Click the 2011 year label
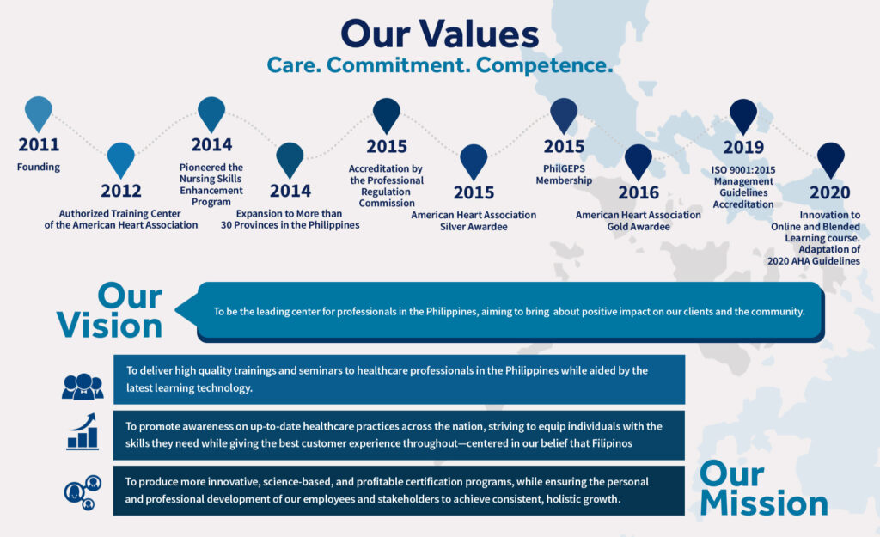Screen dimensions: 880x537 [39, 144]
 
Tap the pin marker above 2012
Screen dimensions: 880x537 [121, 160]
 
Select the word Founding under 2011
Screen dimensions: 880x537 [38, 167]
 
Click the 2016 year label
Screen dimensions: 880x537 [639, 193]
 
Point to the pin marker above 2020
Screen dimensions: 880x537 [831, 160]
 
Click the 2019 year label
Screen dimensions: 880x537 [743, 147]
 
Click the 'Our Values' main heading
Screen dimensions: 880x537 [439, 34]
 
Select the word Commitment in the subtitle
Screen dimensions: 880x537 [399, 65]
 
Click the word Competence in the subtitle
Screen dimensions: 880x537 [544, 65]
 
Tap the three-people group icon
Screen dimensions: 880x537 [82, 386]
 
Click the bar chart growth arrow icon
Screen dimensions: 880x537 [82, 431]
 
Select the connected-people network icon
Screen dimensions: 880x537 [82, 492]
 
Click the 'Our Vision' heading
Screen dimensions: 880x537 [109, 311]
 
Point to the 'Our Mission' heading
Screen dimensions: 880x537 [763, 489]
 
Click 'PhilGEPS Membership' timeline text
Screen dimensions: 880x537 [564, 174]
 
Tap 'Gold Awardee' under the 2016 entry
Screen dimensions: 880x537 [639, 227]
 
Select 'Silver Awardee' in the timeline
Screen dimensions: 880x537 [474, 227]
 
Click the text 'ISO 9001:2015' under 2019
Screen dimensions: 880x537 [743, 170]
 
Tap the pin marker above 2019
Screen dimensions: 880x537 [743, 116]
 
